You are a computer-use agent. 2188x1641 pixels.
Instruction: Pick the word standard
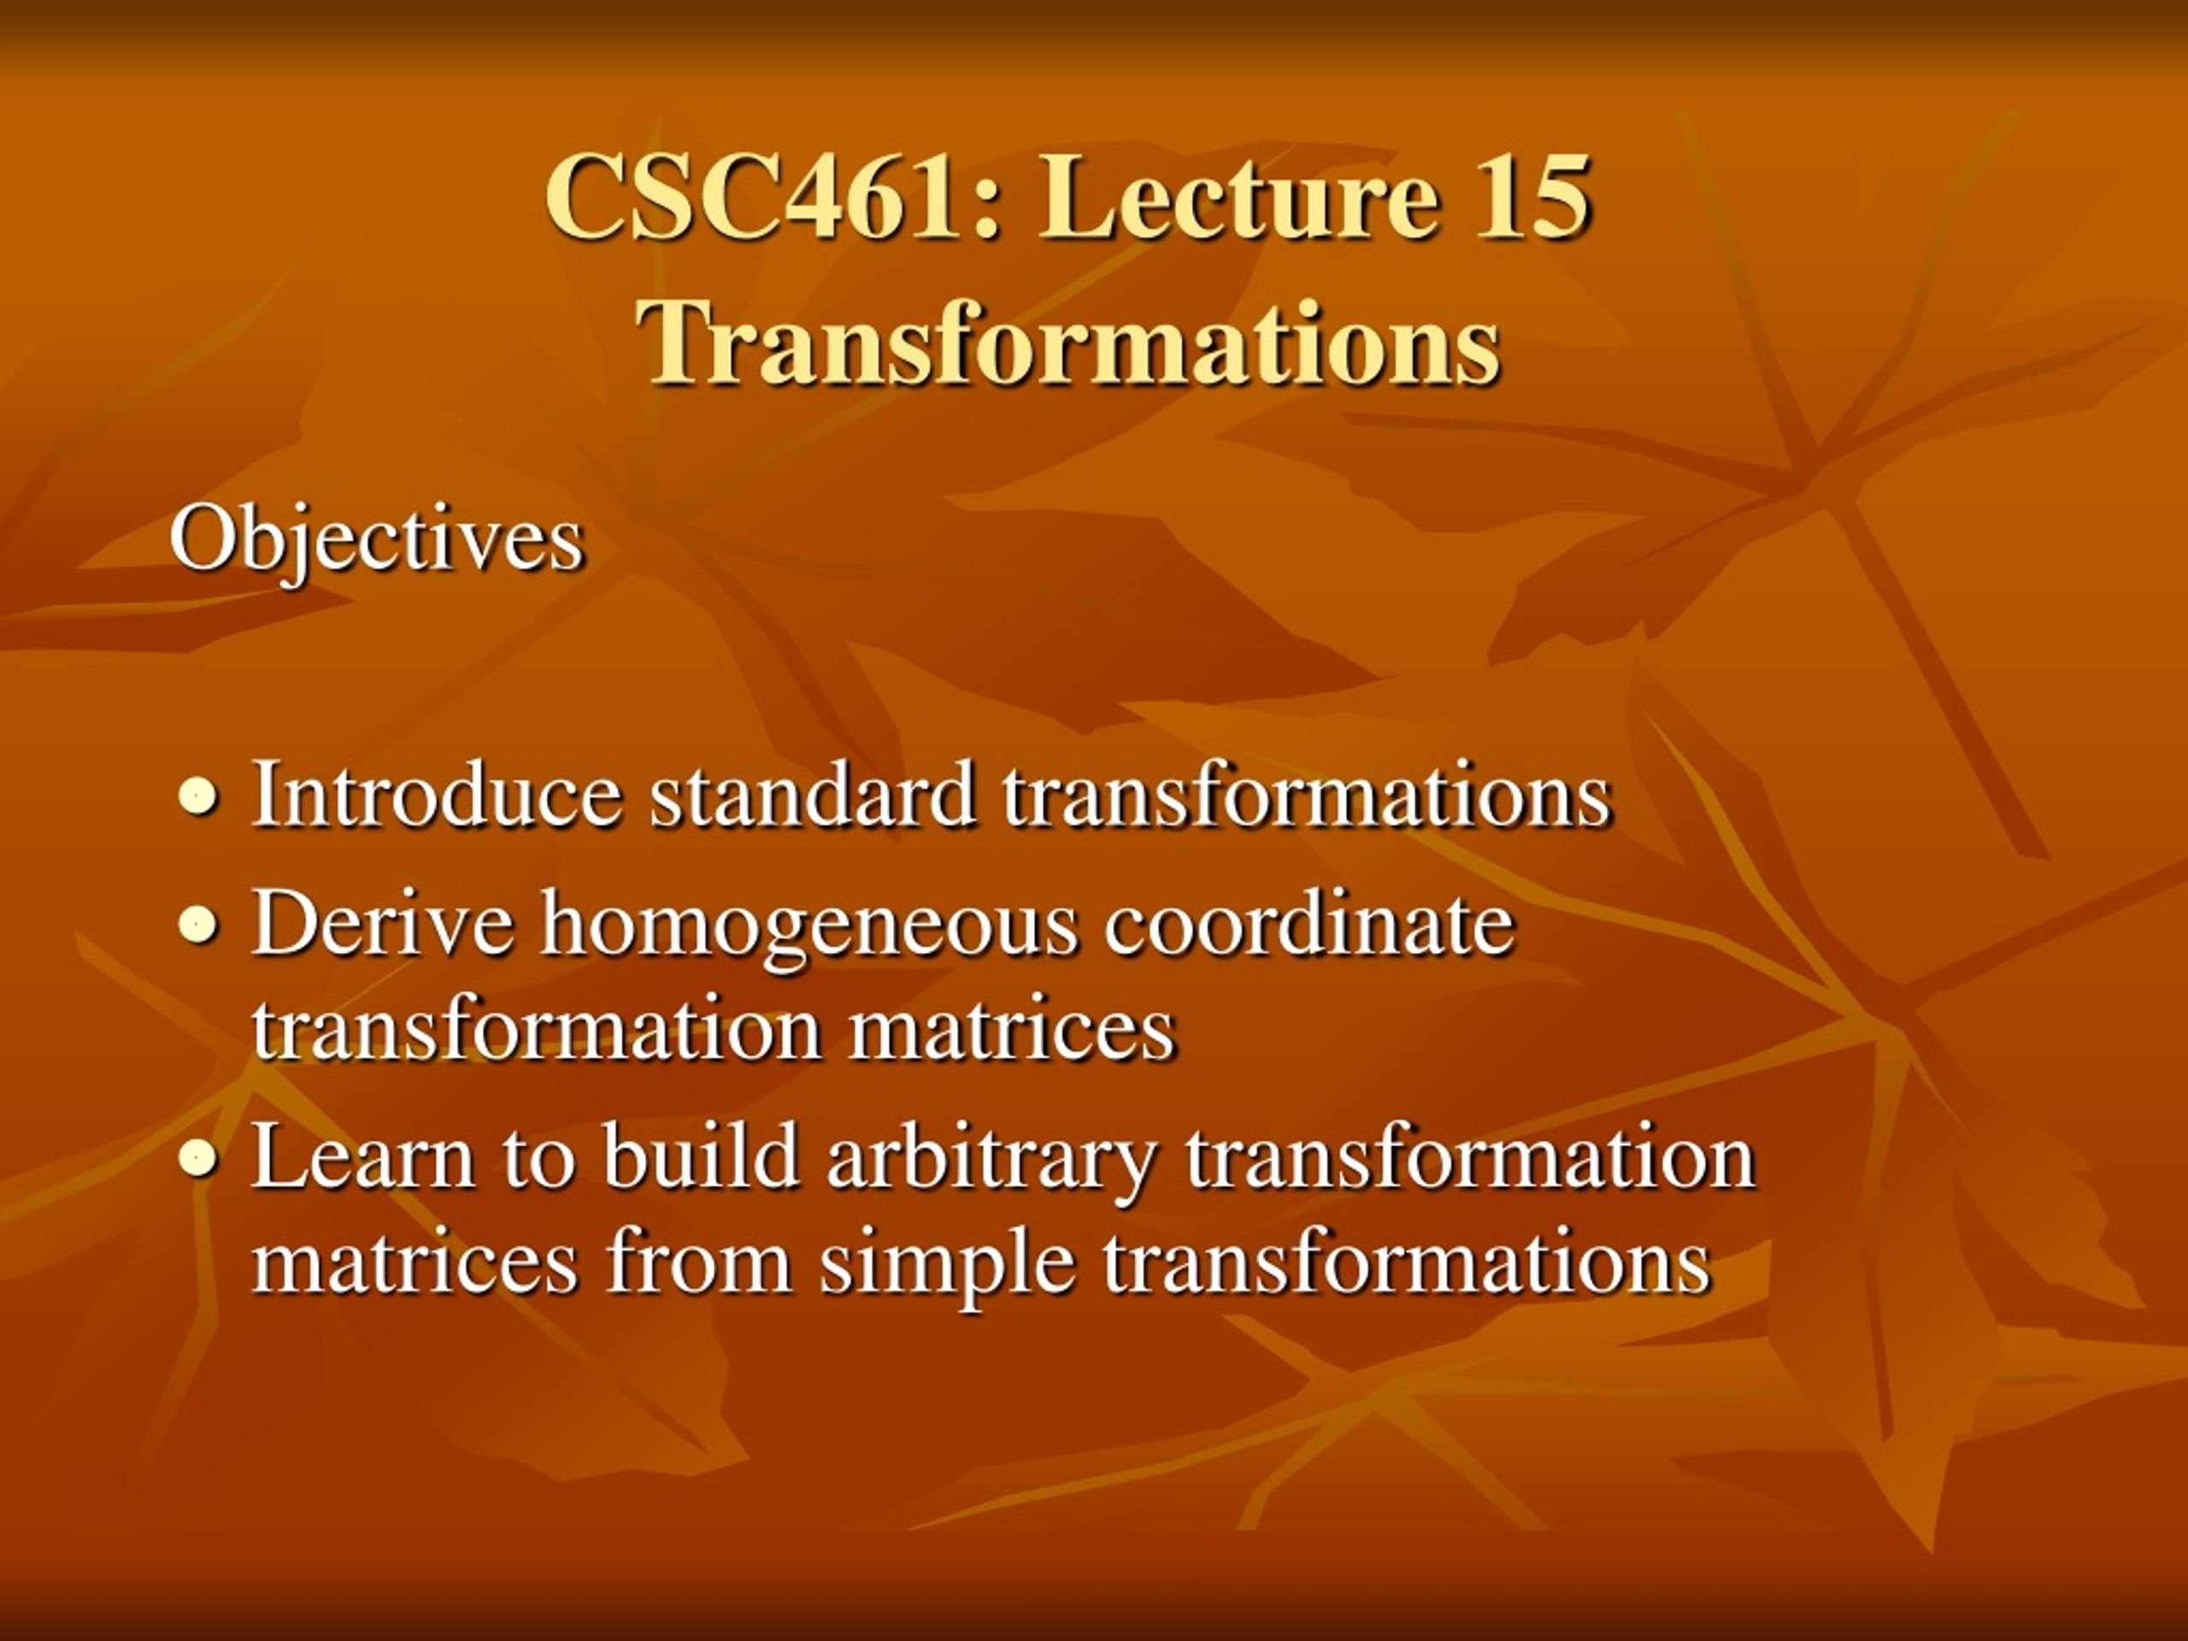[812, 793]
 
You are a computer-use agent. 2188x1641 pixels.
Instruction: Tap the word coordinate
[1309, 923]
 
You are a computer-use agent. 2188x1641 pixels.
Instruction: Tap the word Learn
[363, 1156]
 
